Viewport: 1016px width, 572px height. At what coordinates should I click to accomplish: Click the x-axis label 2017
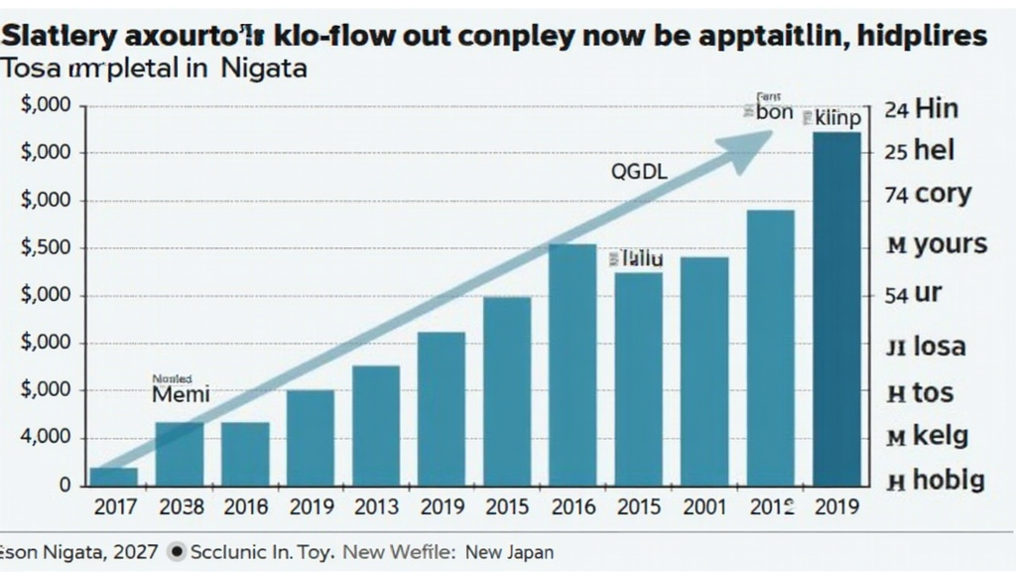coord(114,507)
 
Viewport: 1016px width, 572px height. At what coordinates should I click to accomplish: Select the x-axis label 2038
coord(180,507)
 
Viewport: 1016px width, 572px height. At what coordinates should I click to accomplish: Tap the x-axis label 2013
coord(376,507)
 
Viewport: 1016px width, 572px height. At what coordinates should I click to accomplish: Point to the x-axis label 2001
coord(704,507)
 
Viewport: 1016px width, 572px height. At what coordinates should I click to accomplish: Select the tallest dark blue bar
coord(836,308)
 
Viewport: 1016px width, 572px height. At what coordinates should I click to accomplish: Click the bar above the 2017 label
coord(114,477)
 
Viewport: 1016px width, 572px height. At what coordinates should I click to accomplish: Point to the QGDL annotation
coord(639,172)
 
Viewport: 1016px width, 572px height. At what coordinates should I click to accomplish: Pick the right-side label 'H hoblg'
coord(935,482)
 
